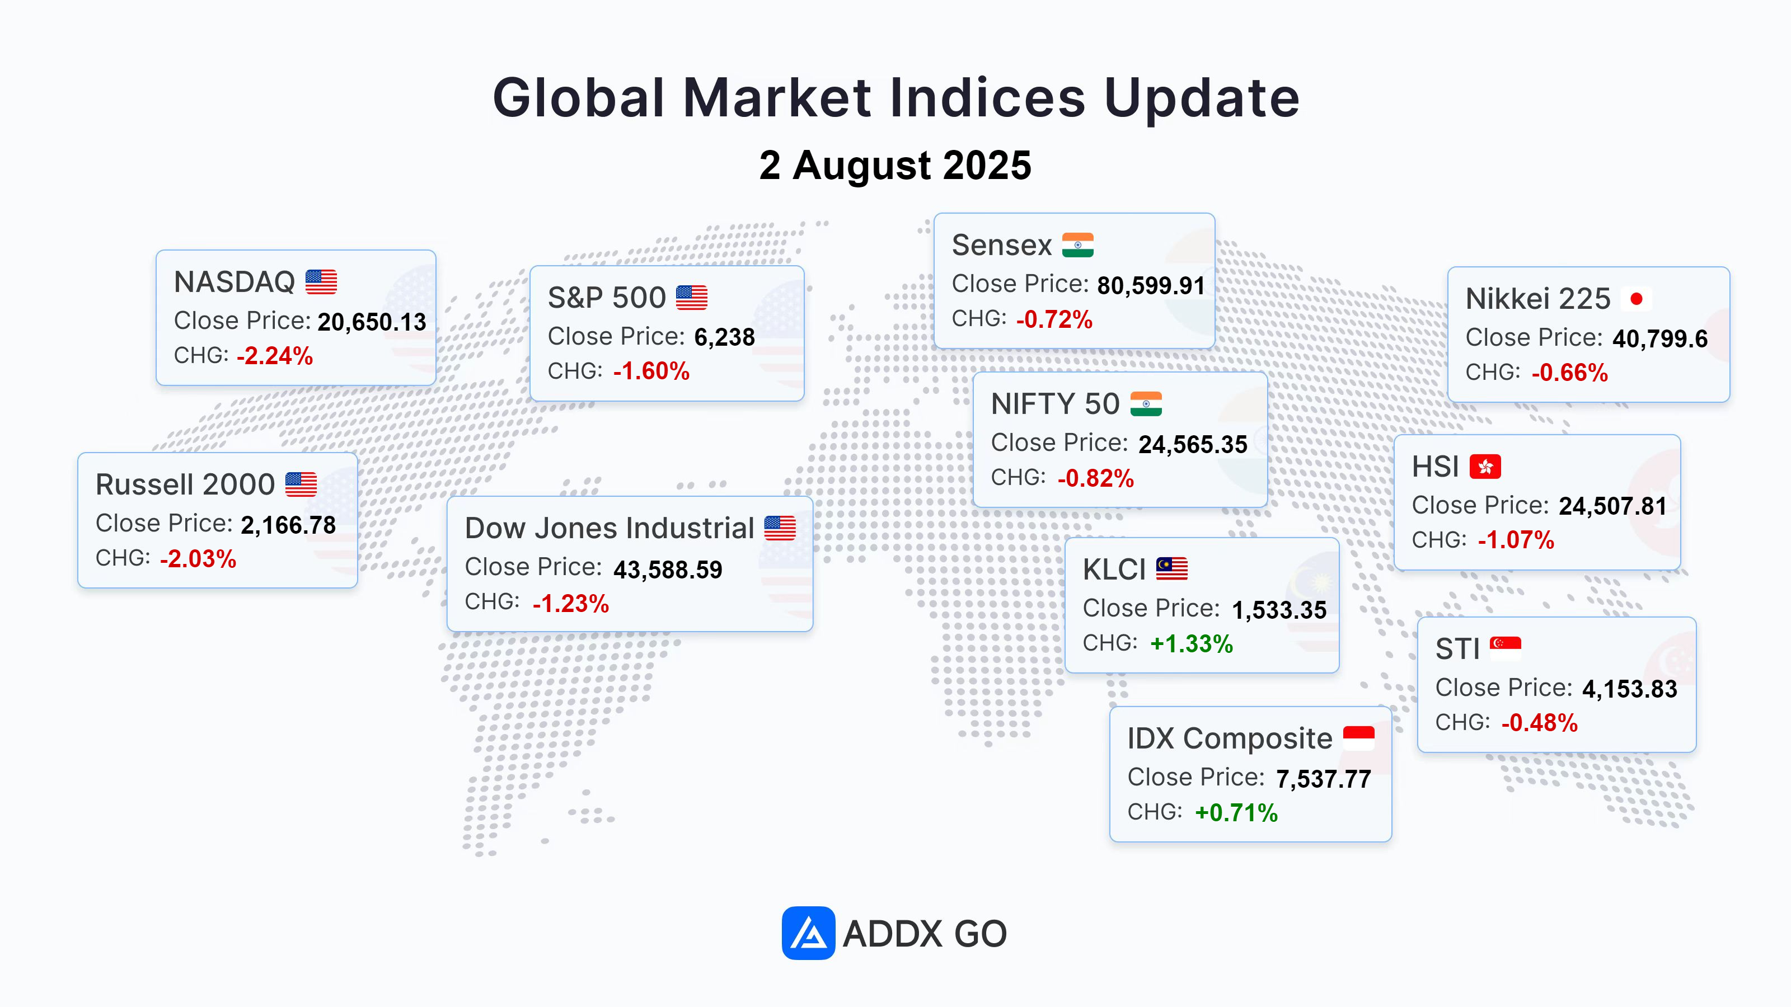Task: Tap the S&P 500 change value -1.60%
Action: (x=651, y=371)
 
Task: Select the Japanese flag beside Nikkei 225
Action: (x=1636, y=299)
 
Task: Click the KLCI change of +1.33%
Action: (x=1192, y=643)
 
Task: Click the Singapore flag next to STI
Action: (x=1505, y=648)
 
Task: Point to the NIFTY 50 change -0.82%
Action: (x=1096, y=478)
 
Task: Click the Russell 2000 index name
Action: (x=185, y=484)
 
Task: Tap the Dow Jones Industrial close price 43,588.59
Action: (x=668, y=570)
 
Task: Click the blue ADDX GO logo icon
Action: (x=808, y=933)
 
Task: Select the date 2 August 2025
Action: (x=895, y=166)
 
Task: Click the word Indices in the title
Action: (x=987, y=97)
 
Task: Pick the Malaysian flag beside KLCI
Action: (x=1171, y=568)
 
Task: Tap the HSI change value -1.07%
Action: (x=1516, y=540)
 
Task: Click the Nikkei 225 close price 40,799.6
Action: (x=1659, y=338)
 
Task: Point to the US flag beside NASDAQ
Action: (x=321, y=281)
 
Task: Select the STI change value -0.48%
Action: (x=1539, y=723)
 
